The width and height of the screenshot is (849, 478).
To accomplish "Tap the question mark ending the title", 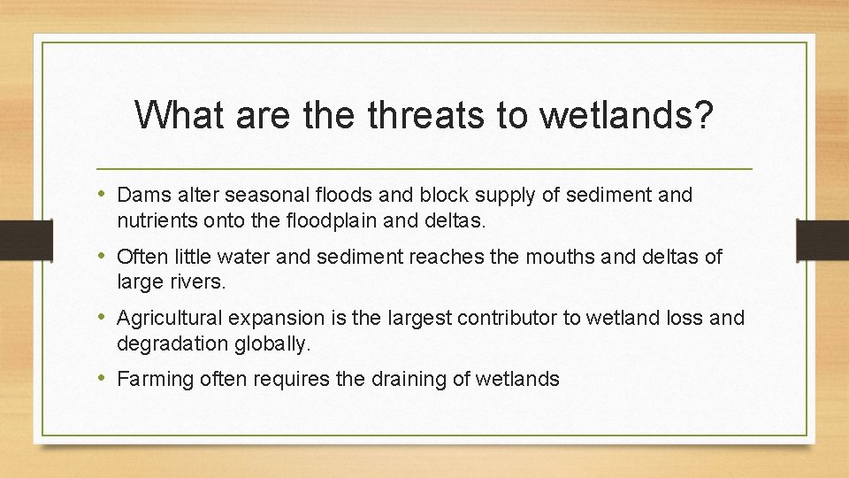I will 704,113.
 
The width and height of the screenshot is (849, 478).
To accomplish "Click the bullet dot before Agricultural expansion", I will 103,317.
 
